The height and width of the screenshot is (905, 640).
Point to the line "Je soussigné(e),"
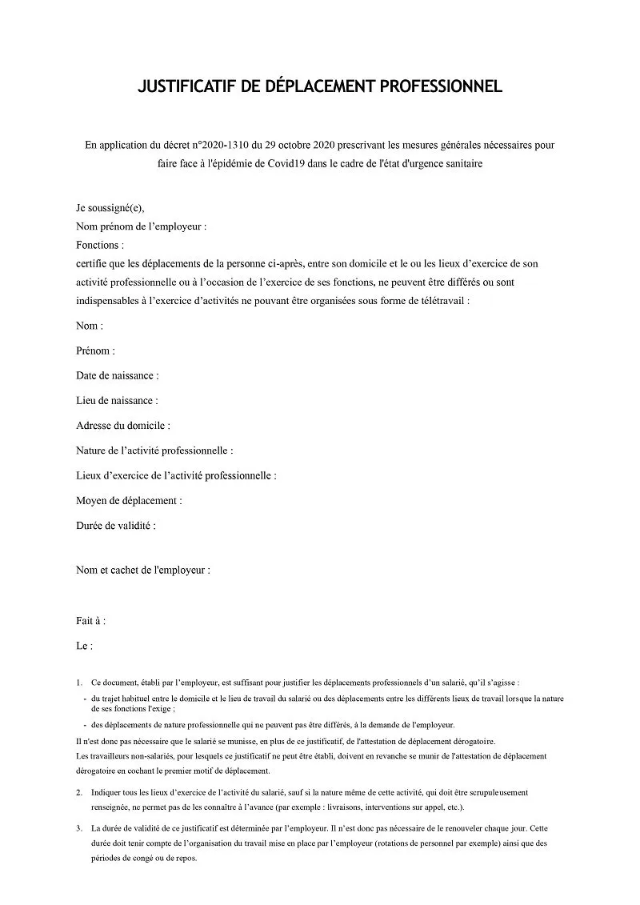pyautogui.click(x=110, y=207)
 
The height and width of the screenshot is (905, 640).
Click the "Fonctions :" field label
pyautogui.click(x=100, y=245)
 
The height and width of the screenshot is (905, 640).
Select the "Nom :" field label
pyautogui.click(x=90, y=326)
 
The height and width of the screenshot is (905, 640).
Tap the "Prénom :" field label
pyautogui.click(x=96, y=350)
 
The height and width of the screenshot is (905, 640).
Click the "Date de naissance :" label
pyautogui.click(x=118, y=375)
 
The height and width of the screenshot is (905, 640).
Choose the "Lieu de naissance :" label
pyautogui.click(x=117, y=400)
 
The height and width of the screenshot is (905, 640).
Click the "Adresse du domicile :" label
pyautogui.click(x=123, y=426)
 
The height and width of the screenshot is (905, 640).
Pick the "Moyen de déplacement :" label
pyautogui.click(x=129, y=500)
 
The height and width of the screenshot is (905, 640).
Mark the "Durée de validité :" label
pyautogui.click(x=116, y=526)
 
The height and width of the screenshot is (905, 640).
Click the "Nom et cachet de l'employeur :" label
pyautogui.click(x=143, y=571)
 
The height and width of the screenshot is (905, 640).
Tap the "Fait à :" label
pyautogui.click(x=91, y=620)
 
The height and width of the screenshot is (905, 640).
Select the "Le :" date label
pyautogui.click(x=85, y=645)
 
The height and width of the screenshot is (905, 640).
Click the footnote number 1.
pyautogui.click(x=79, y=683)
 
